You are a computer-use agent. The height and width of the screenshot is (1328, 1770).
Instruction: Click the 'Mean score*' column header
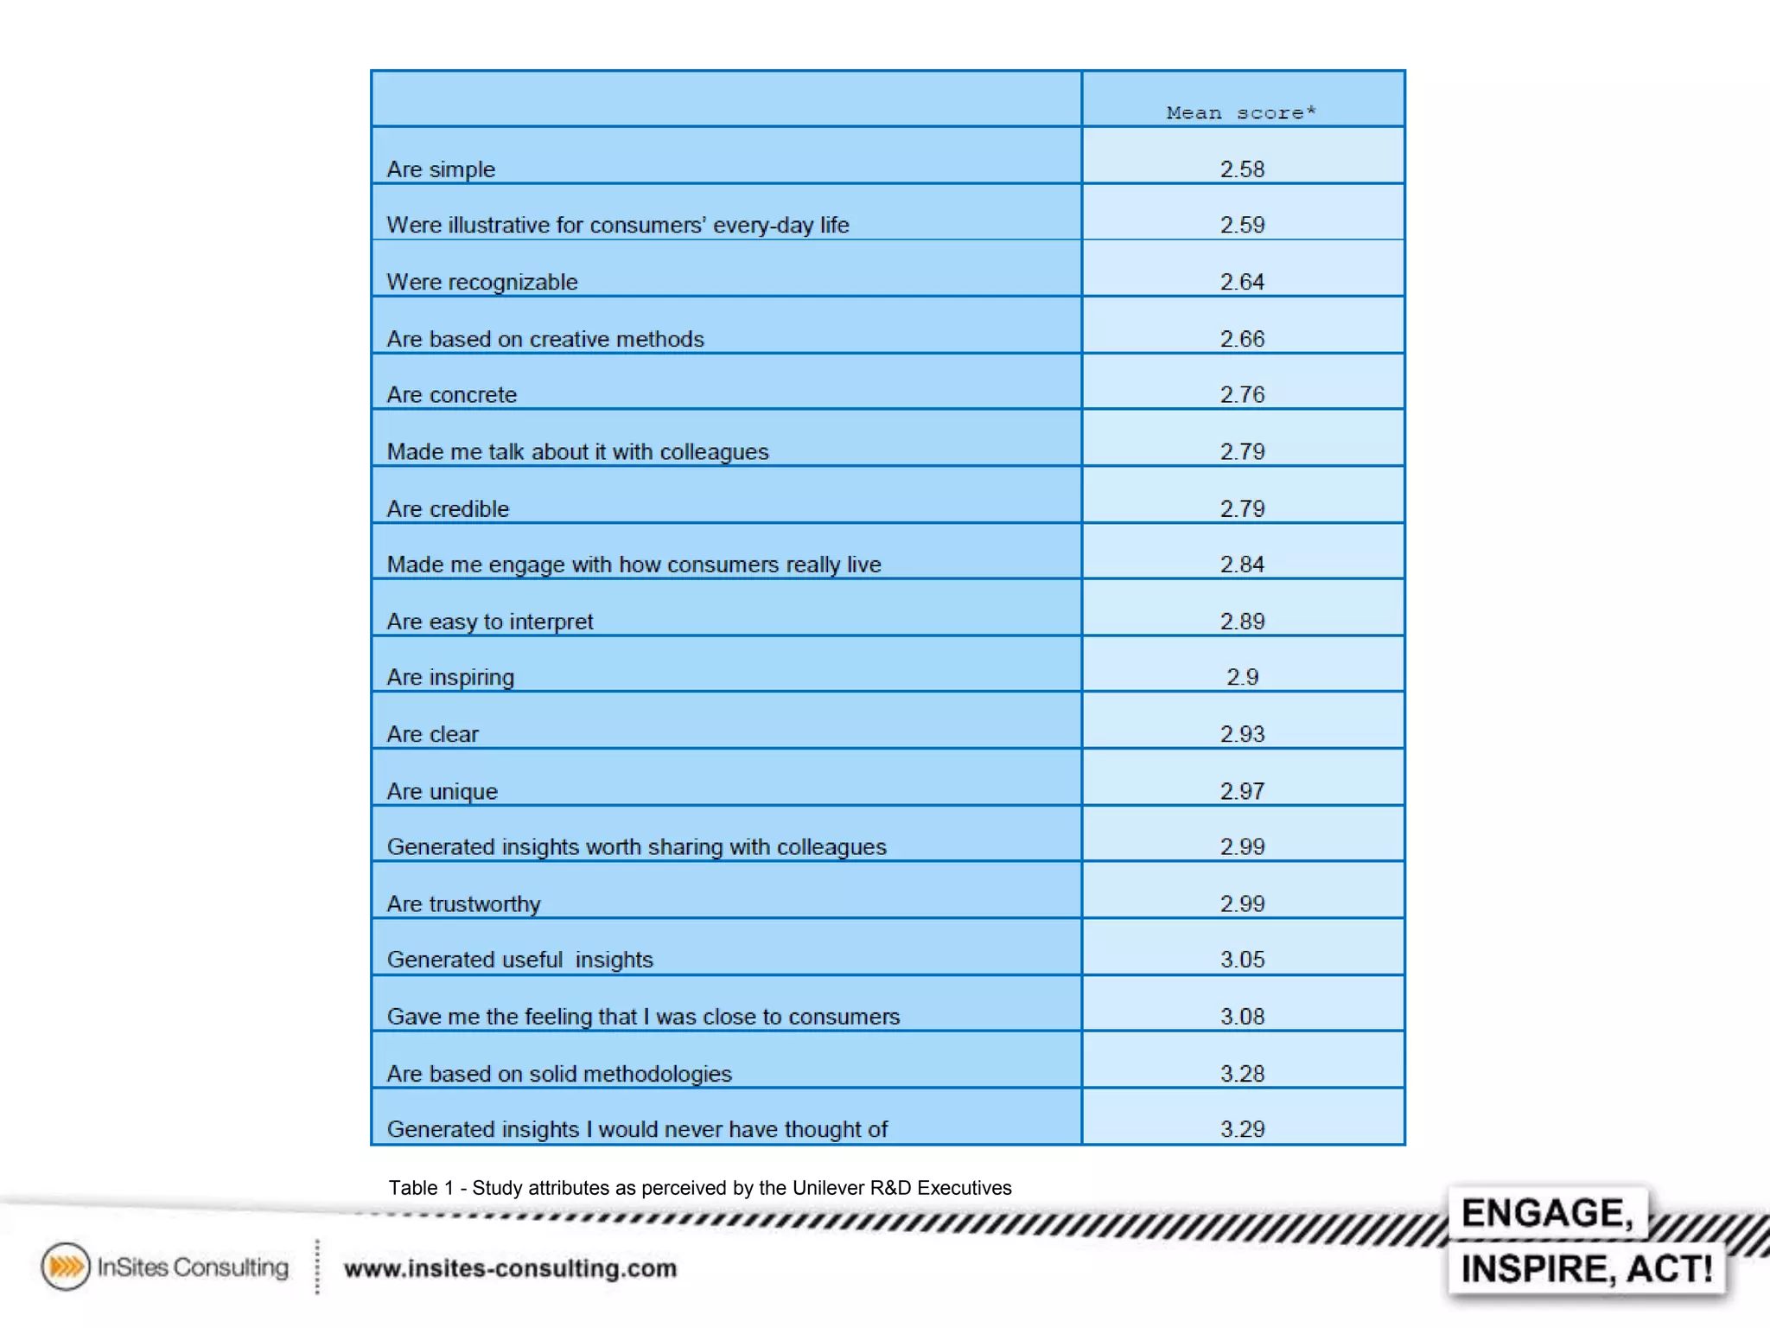pos(1241,112)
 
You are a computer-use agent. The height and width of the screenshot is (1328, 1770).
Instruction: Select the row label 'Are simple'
pos(441,169)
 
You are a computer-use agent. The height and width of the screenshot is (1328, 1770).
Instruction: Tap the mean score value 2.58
pos(1242,169)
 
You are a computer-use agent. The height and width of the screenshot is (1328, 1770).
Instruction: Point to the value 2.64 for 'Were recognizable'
pos(1242,282)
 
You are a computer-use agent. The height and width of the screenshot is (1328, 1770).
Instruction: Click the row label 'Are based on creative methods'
pos(545,339)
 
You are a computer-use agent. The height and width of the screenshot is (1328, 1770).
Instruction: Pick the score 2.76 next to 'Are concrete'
pos(1242,395)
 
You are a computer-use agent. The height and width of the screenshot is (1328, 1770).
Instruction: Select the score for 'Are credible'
pos(1242,508)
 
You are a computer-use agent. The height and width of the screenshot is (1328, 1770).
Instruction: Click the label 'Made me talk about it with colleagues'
pos(577,451)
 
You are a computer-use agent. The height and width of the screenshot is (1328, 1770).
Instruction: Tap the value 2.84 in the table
pos(1242,565)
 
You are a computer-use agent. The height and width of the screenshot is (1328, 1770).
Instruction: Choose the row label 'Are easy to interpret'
pos(490,622)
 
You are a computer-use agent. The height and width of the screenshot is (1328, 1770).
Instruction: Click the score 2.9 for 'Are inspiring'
pos(1242,677)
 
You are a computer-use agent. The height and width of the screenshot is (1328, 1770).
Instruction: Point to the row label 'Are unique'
pos(442,791)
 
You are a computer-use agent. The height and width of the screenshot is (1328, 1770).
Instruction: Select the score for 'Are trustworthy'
pos(1242,903)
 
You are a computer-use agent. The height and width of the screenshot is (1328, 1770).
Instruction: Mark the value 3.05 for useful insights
pos(1242,960)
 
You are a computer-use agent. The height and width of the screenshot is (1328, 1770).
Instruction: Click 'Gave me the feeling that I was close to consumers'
pos(643,1017)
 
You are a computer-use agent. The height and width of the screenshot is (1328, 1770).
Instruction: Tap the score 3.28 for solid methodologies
pos(1242,1074)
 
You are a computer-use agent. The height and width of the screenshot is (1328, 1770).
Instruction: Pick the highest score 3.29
pos(1242,1129)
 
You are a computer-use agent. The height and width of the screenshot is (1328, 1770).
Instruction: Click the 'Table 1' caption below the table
pos(700,1188)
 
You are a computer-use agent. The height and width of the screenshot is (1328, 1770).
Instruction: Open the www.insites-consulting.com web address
pos(510,1268)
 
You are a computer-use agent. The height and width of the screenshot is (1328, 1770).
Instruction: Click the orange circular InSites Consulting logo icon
pos(66,1267)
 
